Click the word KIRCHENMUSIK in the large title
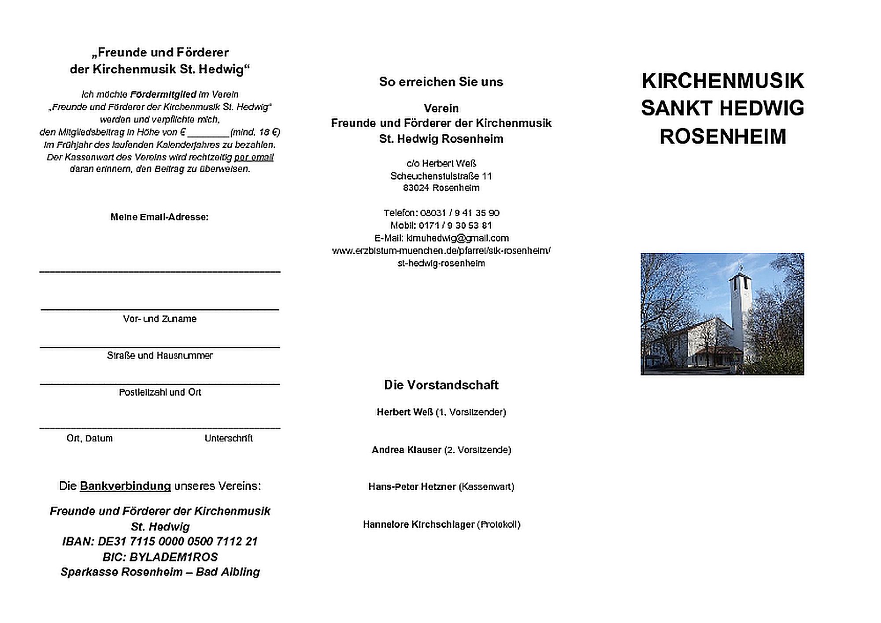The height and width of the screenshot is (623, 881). pyautogui.click(x=722, y=81)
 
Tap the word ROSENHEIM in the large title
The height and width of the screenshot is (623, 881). pyautogui.click(x=722, y=137)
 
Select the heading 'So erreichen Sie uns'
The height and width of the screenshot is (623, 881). pyautogui.click(x=441, y=82)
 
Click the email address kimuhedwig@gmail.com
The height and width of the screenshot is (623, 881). pyautogui.click(x=458, y=238)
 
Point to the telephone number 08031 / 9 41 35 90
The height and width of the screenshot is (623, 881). pyautogui.click(x=459, y=213)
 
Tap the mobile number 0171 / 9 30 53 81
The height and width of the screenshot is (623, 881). pyautogui.click(x=455, y=226)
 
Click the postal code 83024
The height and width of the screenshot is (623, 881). pyautogui.click(x=416, y=188)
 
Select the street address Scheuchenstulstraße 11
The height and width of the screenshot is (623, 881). pyautogui.click(x=441, y=176)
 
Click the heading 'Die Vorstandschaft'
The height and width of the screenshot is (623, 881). pyautogui.click(x=441, y=385)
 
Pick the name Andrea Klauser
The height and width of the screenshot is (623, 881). pyautogui.click(x=406, y=450)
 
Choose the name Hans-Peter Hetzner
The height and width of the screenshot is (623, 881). pyautogui.click(x=412, y=487)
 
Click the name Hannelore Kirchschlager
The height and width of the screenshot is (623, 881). pyautogui.click(x=418, y=525)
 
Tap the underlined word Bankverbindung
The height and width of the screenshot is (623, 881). pyautogui.click(x=125, y=486)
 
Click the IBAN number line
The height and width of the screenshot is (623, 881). pyautogui.click(x=160, y=541)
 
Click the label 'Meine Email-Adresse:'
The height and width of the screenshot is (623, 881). pyautogui.click(x=159, y=217)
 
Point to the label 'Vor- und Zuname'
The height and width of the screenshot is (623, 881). pyautogui.click(x=160, y=319)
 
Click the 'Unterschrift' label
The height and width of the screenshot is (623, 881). pyautogui.click(x=229, y=438)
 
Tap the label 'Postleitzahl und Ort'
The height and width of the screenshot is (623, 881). pyautogui.click(x=160, y=393)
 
